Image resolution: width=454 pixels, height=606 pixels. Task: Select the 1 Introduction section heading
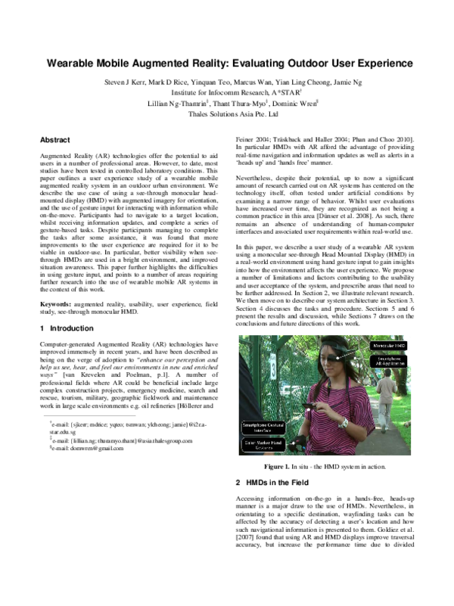(67, 328)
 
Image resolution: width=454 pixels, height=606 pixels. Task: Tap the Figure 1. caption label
(281, 468)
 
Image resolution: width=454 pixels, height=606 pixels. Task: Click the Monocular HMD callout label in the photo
(389, 345)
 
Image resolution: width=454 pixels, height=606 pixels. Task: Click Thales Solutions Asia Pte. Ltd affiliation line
(227, 115)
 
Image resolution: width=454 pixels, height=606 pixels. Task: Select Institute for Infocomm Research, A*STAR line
(227, 92)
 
